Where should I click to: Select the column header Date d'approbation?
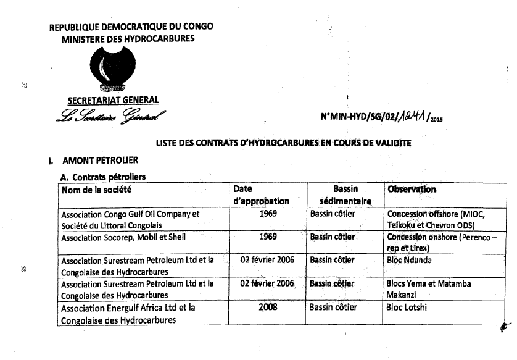tap(262, 195)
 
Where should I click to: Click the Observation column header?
tap(412, 190)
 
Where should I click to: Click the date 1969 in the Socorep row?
tap(268, 237)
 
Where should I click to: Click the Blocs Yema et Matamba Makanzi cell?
tap(428, 289)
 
